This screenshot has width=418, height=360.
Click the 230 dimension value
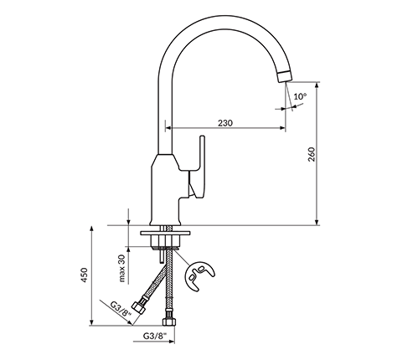click(225, 123)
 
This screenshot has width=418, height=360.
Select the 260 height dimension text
click(312, 154)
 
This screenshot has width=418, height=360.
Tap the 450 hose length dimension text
click(85, 275)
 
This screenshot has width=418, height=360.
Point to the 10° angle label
click(300, 96)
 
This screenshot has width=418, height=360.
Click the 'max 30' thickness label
click(122, 268)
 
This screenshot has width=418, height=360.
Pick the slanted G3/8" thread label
click(121, 309)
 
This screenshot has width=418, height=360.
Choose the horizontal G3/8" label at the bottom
click(155, 336)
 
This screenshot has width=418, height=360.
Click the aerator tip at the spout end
click(285, 76)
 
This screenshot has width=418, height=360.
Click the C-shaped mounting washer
click(199, 275)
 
